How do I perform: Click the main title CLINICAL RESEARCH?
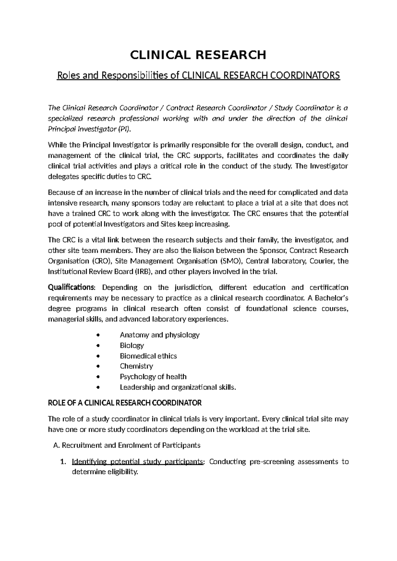pos(198,55)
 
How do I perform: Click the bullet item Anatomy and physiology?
pos(159,335)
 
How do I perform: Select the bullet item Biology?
pos(132,345)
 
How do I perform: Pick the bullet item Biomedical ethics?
pos(148,356)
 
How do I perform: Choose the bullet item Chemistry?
pos(136,366)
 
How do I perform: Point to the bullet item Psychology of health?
pos(153,377)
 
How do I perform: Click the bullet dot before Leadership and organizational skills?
pos(97,388)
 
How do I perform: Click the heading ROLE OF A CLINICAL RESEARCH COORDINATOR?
pos(125,403)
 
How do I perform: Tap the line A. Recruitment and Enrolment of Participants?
pos(127,445)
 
